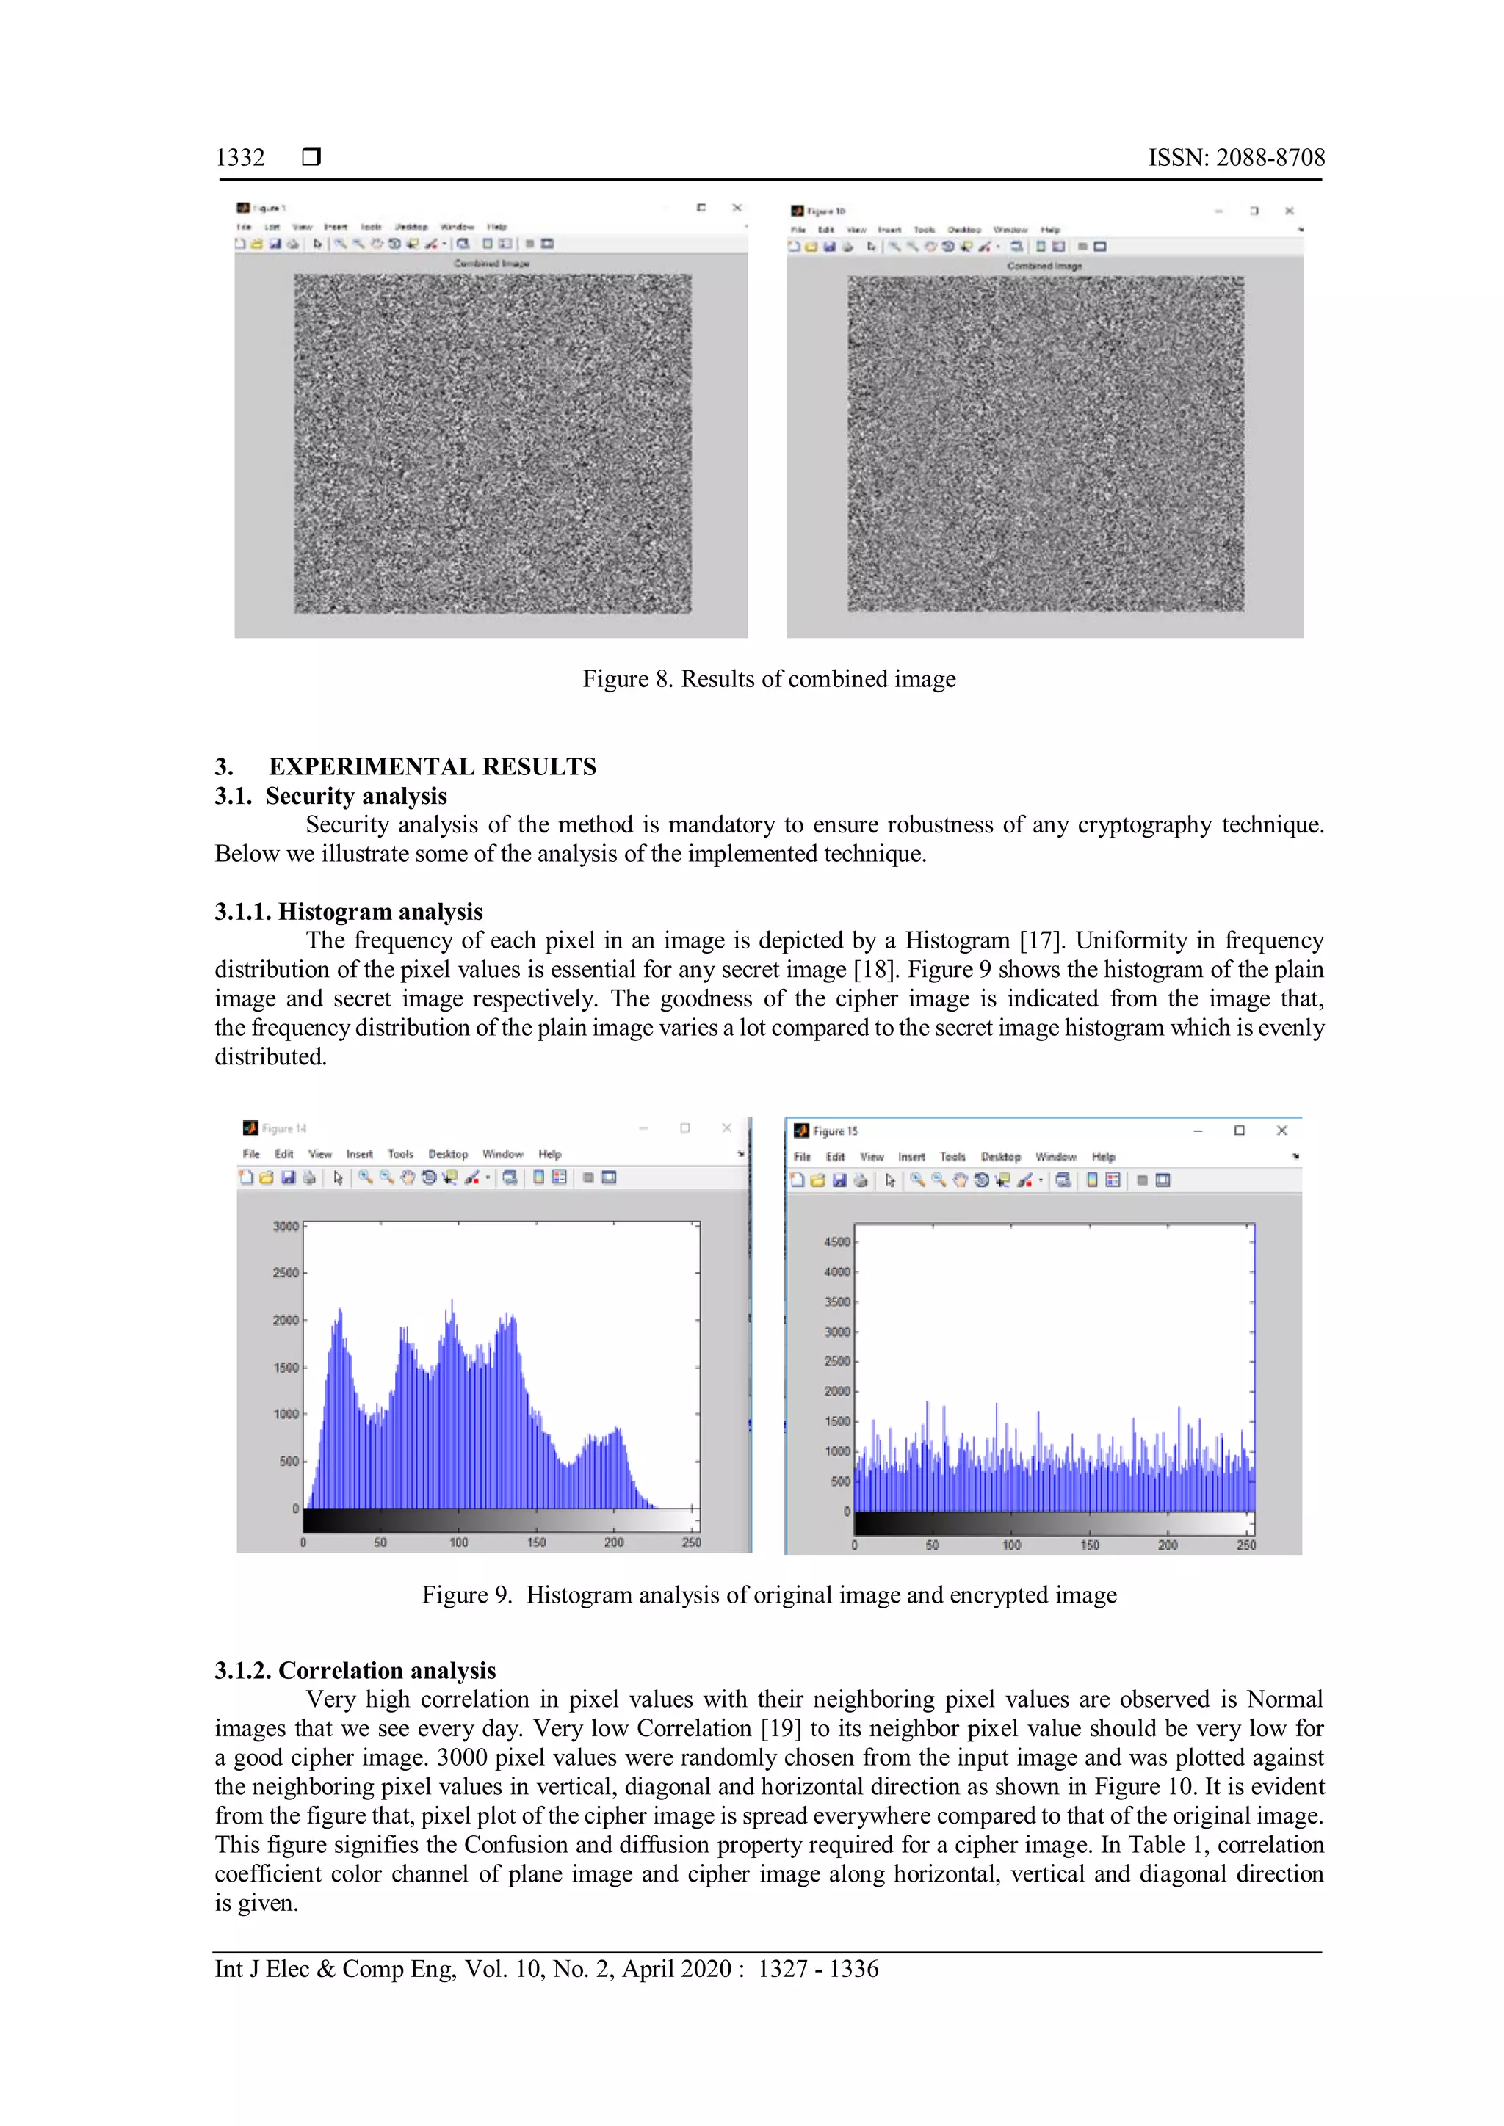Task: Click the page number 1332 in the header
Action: coord(240,157)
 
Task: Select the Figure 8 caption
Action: coord(769,679)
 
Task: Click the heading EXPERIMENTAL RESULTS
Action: coord(432,766)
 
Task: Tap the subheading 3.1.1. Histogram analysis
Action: coord(348,911)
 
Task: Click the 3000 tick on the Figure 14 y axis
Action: coord(285,1226)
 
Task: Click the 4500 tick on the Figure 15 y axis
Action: coord(836,1241)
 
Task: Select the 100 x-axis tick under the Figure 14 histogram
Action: coord(458,1542)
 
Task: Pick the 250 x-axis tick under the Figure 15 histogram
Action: coord(1245,1545)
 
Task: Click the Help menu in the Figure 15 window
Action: coord(1103,1156)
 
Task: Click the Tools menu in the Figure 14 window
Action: coord(400,1154)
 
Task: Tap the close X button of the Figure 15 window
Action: coord(1281,1131)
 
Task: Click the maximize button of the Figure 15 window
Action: coord(1239,1131)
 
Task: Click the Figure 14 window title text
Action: coord(283,1129)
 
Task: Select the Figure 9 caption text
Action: coord(769,1594)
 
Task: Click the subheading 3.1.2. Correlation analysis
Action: coord(355,1670)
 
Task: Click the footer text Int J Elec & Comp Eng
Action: coord(334,1969)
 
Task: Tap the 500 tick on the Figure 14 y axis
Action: coord(288,1461)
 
